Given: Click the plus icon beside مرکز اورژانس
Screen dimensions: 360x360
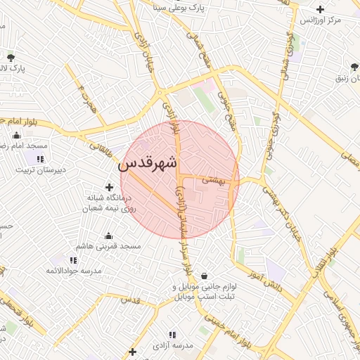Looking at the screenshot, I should tap(321, 9).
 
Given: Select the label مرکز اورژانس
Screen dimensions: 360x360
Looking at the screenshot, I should tap(321, 20).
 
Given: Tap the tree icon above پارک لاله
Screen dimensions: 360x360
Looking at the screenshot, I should tap(11, 57).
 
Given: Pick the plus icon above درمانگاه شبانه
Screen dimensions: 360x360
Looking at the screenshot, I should tap(109, 187).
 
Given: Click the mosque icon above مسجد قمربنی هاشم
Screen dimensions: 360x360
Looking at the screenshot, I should tap(108, 236).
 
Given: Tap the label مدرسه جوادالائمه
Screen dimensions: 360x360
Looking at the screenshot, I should tap(73, 271).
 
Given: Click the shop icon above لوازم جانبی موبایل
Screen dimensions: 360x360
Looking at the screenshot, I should tap(204, 276).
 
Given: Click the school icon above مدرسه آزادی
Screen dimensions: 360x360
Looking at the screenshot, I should tap(172, 335).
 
